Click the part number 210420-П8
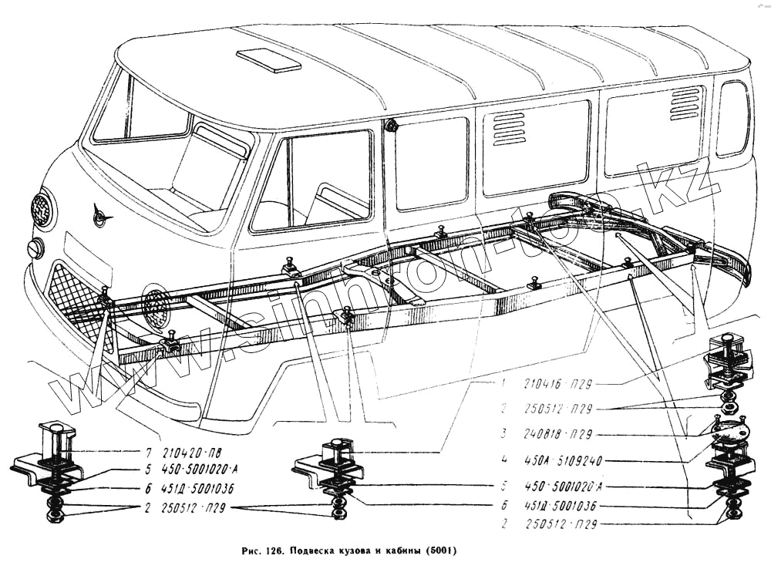[187, 453]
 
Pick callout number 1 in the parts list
[503, 382]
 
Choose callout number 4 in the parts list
[503, 461]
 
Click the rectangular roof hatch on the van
[268, 60]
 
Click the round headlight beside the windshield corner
[43, 208]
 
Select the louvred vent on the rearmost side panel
[685, 103]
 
